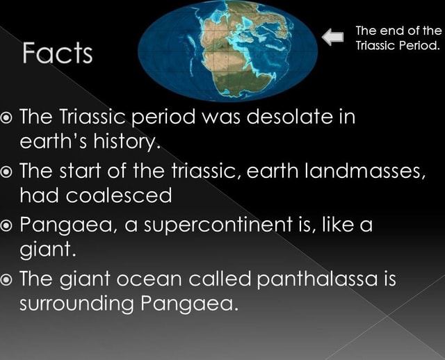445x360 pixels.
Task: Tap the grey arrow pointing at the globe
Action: tap(335, 38)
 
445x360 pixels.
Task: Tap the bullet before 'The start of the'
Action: tap(9, 169)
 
